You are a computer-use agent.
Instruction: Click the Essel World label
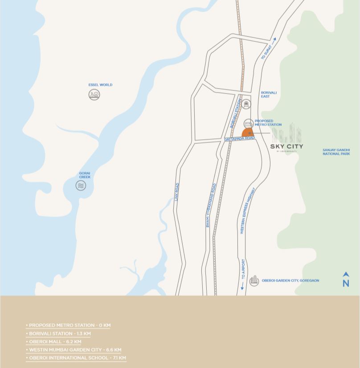click(x=100, y=85)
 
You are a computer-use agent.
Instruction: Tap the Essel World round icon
click(x=94, y=95)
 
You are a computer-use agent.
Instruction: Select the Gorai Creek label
click(x=85, y=175)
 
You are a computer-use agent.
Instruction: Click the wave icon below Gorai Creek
click(x=81, y=186)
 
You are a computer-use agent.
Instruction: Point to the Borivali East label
click(x=269, y=94)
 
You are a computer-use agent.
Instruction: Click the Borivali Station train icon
click(x=246, y=104)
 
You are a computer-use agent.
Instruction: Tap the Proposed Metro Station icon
click(x=249, y=123)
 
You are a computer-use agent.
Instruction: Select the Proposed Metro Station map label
click(x=268, y=123)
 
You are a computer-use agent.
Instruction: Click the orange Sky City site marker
click(x=248, y=133)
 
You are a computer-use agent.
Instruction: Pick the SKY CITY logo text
click(x=286, y=146)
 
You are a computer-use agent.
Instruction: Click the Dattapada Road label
click(x=240, y=139)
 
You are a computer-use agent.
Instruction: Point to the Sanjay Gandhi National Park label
click(x=336, y=152)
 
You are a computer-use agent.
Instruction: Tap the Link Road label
click(x=177, y=192)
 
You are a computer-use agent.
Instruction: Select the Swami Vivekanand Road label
click(x=211, y=206)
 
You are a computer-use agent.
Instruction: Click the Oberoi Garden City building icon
click(x=254, y=280)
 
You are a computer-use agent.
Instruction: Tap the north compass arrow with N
click(x=346, y=279)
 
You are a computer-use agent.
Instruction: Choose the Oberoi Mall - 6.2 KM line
click(x=55, y=342)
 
